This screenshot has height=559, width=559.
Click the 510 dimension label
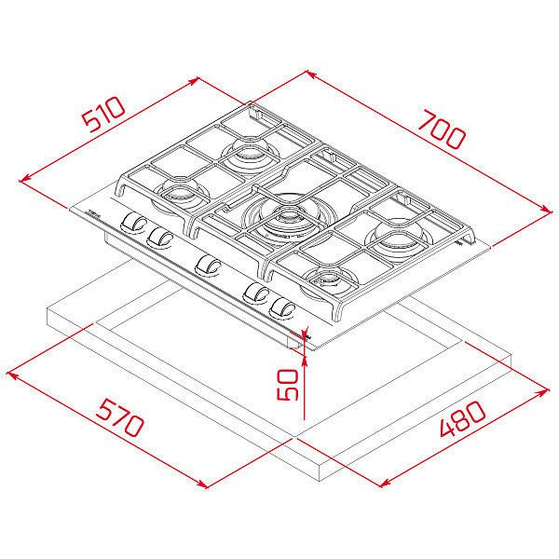coord(103,114)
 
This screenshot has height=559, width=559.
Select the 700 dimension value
coord(442,130)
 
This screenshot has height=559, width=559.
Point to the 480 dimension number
coord(462,419)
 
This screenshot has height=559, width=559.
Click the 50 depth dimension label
coord(287,385)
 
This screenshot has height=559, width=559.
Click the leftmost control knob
coord(132,224)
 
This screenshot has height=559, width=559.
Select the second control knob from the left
coord(159,238)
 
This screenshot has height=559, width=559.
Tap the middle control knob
coord(208,266)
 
